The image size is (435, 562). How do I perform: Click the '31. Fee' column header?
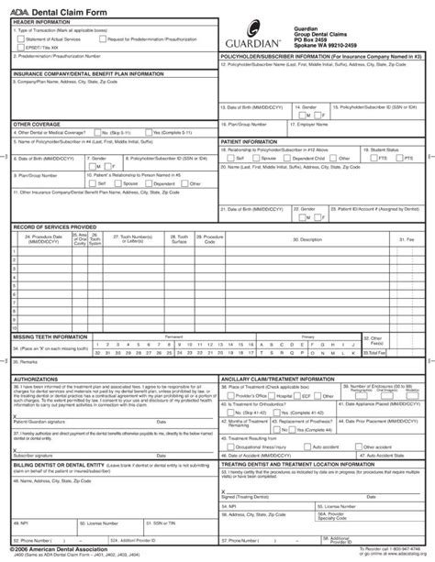click(405, 239)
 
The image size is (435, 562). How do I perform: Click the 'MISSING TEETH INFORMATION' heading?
click(51, 337)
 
